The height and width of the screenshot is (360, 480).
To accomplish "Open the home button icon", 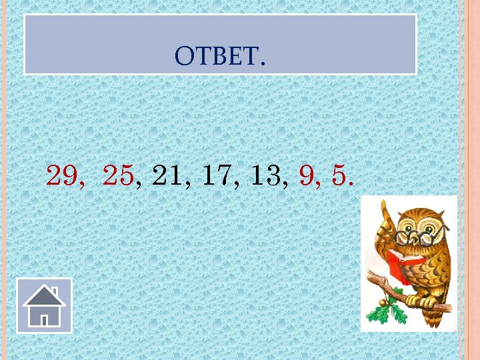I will click(44, 305).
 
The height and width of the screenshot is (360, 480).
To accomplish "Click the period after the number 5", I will click(351, 184).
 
